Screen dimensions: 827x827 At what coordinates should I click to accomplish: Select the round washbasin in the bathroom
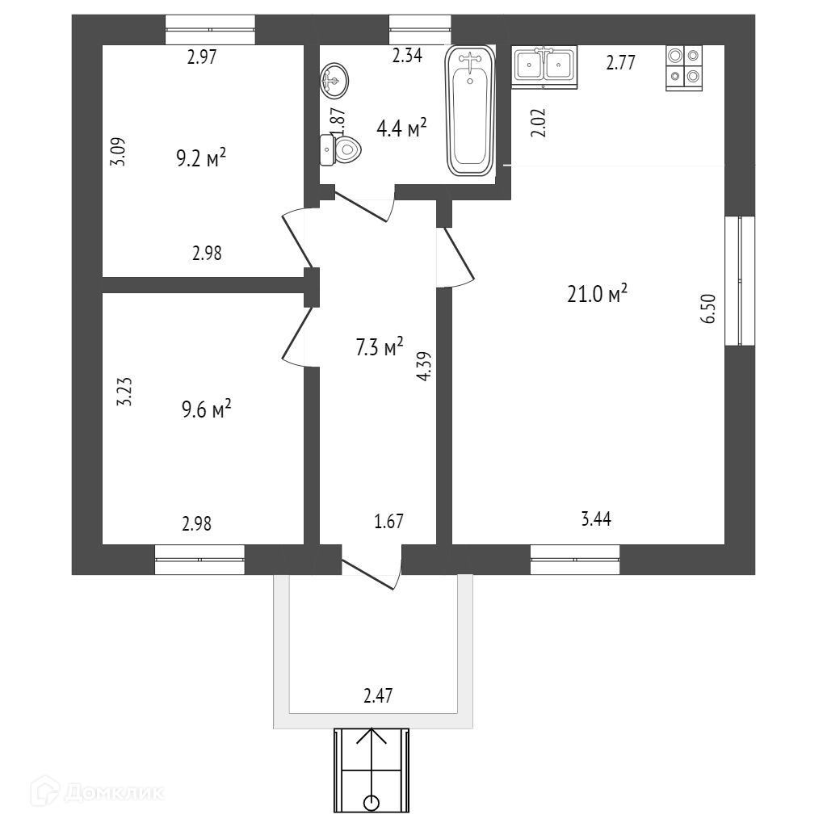click(334, 79)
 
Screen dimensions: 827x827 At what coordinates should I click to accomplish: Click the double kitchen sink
click(544, 64)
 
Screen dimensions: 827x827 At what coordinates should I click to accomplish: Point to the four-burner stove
click(684, 67)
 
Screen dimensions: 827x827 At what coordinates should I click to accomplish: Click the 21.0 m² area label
click(598, 295)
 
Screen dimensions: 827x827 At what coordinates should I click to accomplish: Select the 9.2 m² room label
click(200, 157)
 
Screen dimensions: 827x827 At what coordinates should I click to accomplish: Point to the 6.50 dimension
click(710, 309)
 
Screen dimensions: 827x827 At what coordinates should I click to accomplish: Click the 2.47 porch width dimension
click(376, 695)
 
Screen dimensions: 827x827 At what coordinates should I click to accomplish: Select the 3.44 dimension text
click(596, 520)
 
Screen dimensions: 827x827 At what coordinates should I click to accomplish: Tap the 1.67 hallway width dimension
click(388, 521)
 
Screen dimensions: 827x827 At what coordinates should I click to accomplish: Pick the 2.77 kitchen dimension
click(622, 61)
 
